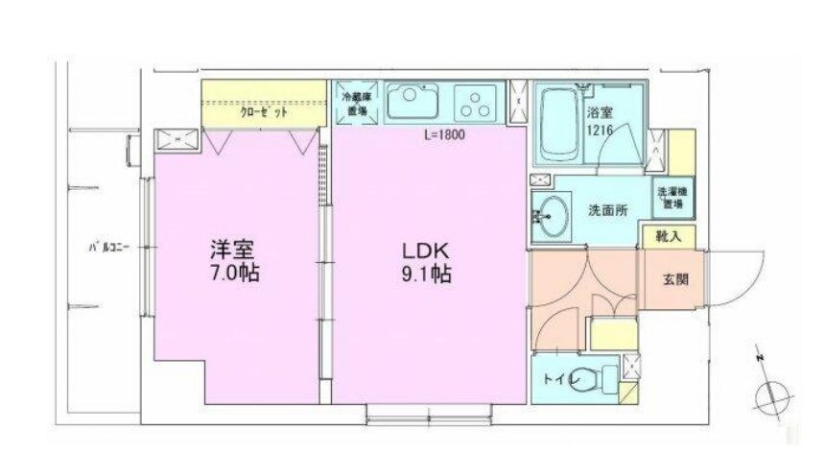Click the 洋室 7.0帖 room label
point(235,261)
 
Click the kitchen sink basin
point(414,100)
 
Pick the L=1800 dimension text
point(444,135)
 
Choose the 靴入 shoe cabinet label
point(669,235)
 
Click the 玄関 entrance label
point(674,280)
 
